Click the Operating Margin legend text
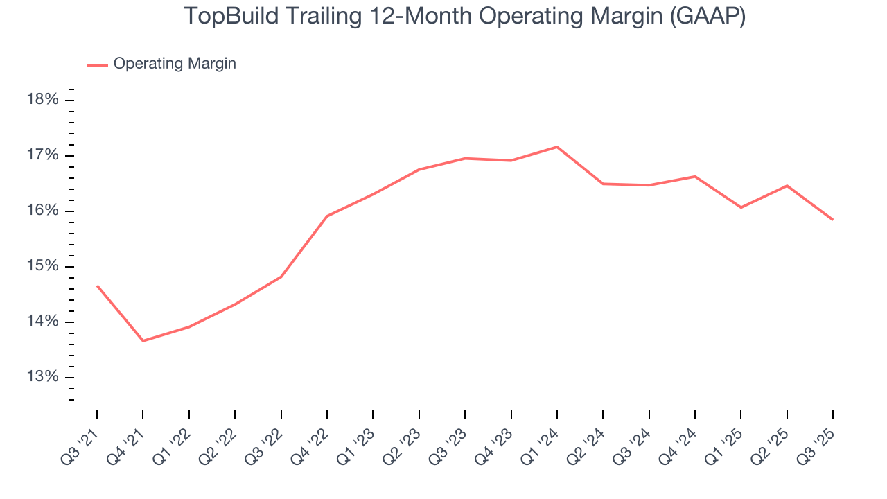click(175, 64)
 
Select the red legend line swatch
click(97, 64)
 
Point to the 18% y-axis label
click(42, 100)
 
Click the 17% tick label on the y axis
click(42, 155)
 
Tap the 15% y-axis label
click(42, 267)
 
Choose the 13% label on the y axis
click(42, 378)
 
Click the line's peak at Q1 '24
click(557, 147)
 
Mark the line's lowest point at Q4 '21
click(143, 341)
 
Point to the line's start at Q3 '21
click(97, 286)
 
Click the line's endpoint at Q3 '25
click(832, 220)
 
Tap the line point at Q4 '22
click(327, 216)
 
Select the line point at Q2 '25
click(787, 186)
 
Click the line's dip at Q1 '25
click(741, 207)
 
